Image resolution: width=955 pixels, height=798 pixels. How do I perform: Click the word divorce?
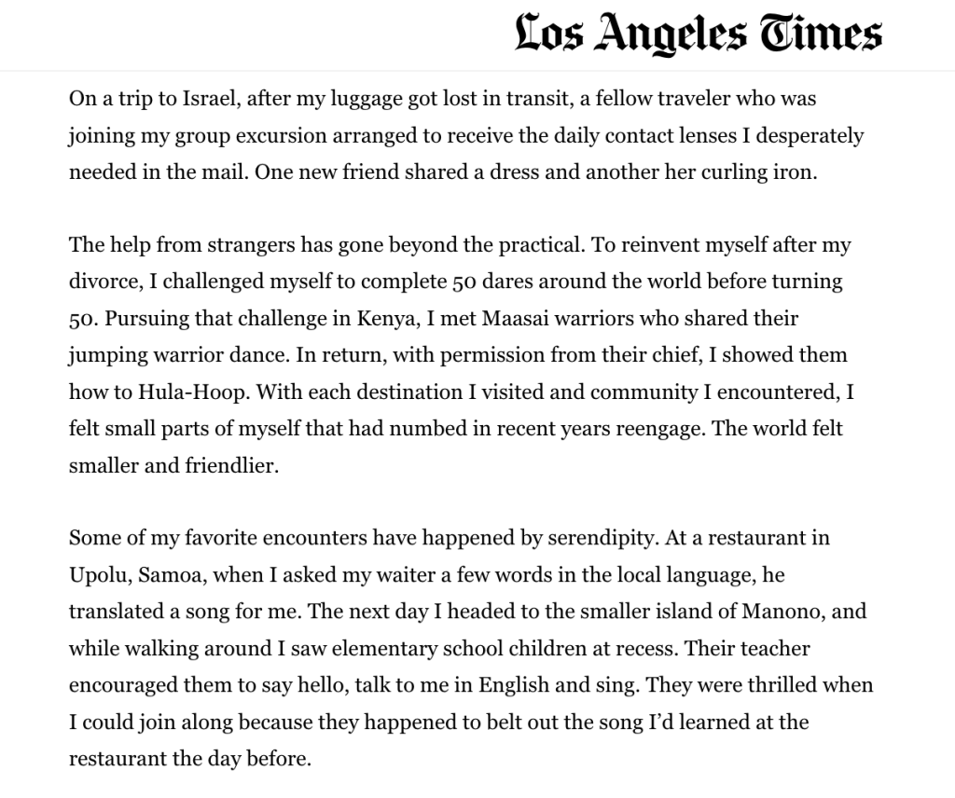[x=104, y=282]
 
